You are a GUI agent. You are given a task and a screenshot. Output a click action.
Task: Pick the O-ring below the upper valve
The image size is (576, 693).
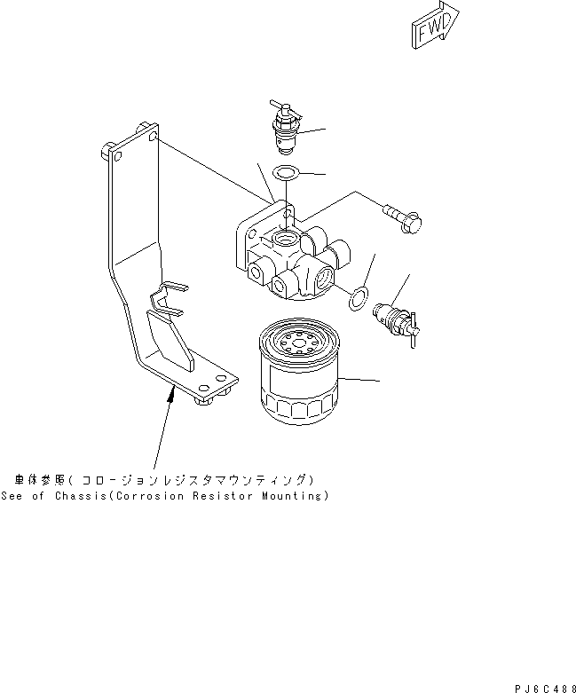click(285, 174)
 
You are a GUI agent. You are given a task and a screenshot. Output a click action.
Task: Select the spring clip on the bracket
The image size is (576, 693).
click(170, 296)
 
